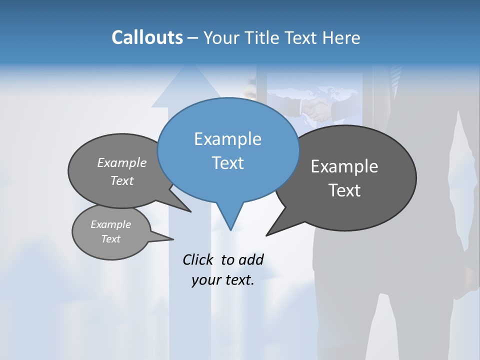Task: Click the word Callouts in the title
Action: (x=147, y=37)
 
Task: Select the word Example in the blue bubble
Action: (x=227, y=139)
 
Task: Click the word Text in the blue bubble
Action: (x=227, y=163)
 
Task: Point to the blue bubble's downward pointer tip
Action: (x=230, y=230)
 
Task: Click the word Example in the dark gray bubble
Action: (x=344, y=166)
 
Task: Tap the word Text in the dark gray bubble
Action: (x=344, y=190)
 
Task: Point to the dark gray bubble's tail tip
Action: (x=266, y=235)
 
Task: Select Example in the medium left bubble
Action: (x=122, y=162)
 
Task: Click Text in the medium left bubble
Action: (x=122, y=180)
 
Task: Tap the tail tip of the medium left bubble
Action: (x=191, y=211)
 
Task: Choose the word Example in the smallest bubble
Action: (x=110, y=224)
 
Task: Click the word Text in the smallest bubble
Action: (x=110, y=239)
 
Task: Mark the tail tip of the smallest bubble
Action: (x=173, y=239)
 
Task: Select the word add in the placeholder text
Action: (x=251, y=259)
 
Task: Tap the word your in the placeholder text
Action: (x=205, y=280)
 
